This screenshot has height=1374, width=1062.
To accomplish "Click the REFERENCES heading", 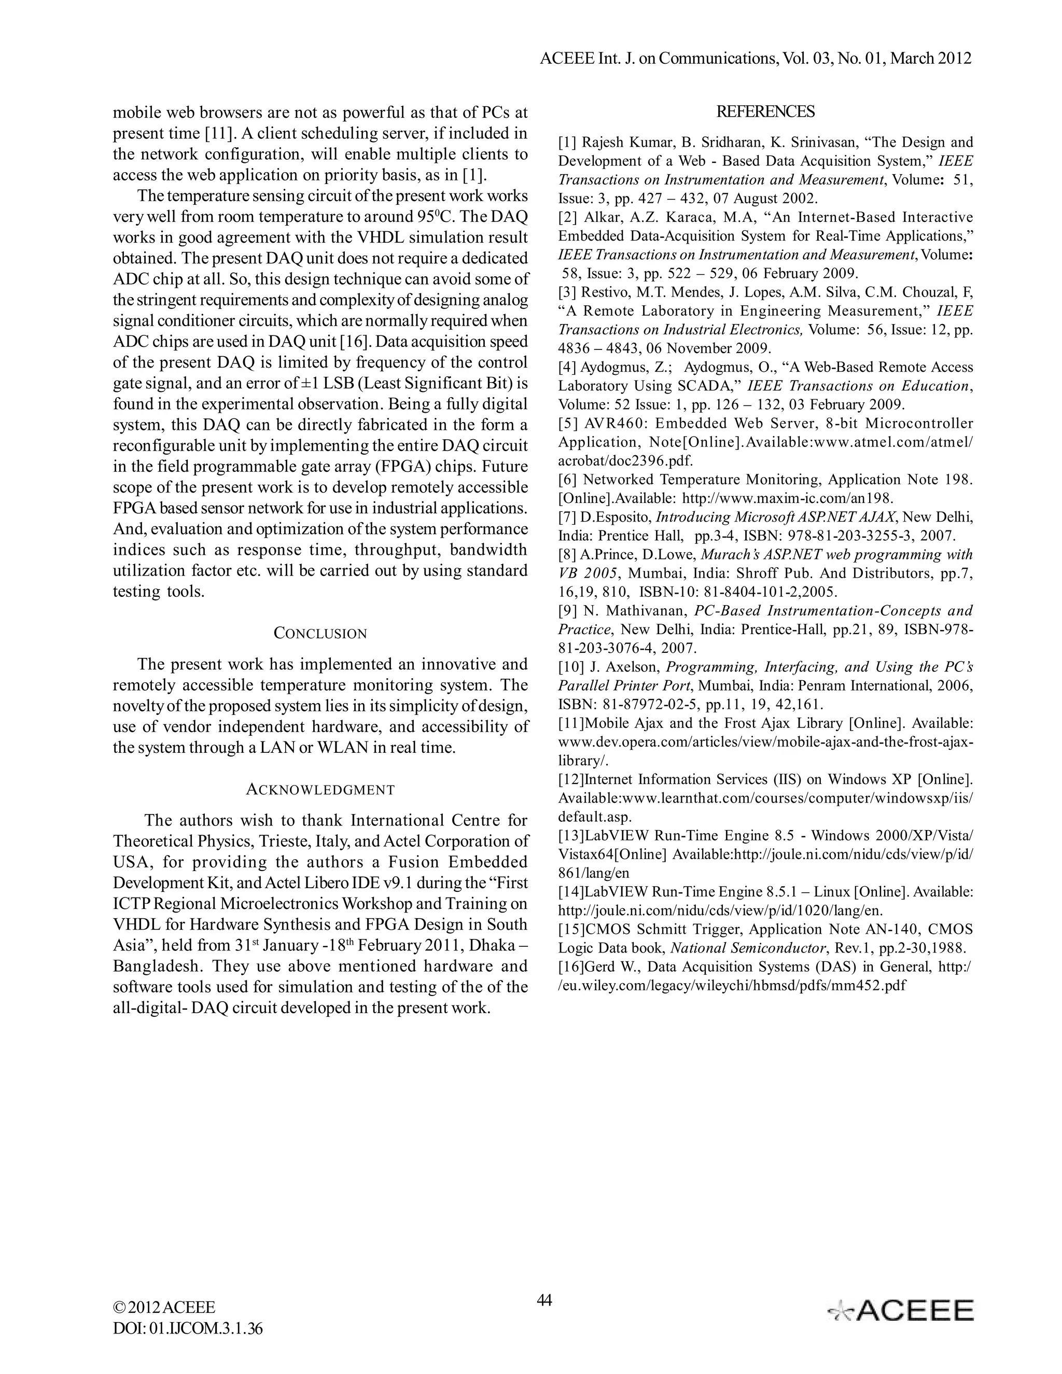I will tap(765, 112).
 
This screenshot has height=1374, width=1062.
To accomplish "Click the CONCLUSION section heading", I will tap(320, 634).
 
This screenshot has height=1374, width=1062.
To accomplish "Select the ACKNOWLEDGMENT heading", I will tap(320, 790).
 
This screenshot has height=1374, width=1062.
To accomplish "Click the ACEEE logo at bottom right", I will tap(900, 1310).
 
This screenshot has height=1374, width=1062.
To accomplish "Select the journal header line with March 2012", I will tap(756, 59).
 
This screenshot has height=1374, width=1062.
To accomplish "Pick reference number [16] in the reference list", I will tap(571, 967).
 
